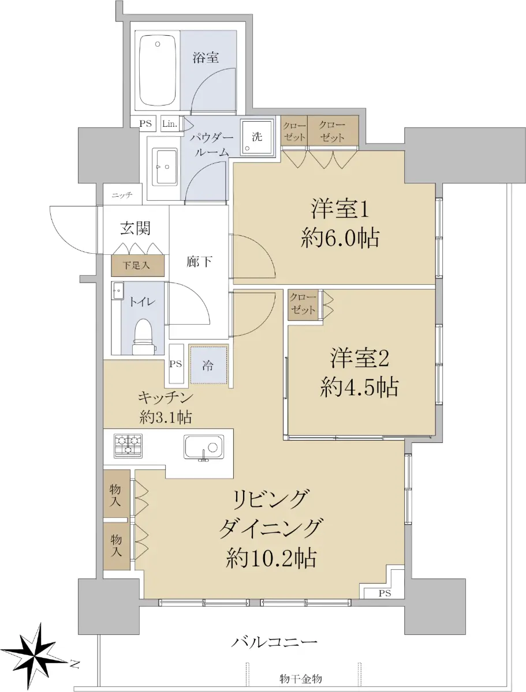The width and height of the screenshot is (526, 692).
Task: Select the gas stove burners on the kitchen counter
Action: pos(128,446)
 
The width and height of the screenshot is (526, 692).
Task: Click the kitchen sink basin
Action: pos(204,447)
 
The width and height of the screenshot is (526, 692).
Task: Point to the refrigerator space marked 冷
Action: pos(208,365)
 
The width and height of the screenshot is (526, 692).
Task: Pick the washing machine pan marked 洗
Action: pos(257,137)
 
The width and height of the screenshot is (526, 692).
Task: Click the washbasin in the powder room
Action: pos(165,167)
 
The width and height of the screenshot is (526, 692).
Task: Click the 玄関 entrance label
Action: pos(135,228)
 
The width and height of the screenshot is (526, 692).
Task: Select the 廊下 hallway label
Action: pos(199,262)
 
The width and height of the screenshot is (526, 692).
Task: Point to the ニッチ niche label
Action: pos(122,195)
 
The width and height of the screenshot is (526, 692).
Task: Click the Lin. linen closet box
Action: pos(170,124)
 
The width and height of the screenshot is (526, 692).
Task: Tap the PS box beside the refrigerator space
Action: pos(176,364)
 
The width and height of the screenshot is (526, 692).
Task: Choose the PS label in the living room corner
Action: pos(385,593)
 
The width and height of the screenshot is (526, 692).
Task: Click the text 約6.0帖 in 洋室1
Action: pos(340,238)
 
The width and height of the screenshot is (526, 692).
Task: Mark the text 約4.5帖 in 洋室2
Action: pos(359,387)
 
